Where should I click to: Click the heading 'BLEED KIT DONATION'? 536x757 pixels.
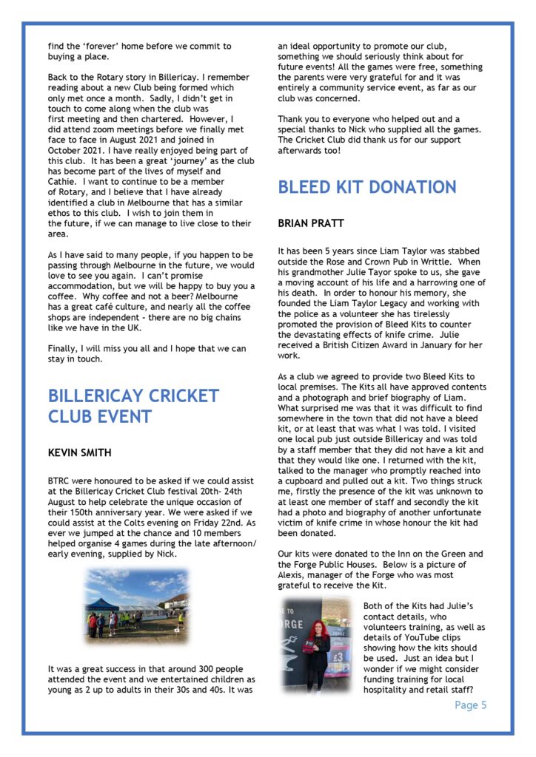coord(367,187)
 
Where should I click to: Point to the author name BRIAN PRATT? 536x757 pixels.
coord(310,223)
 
